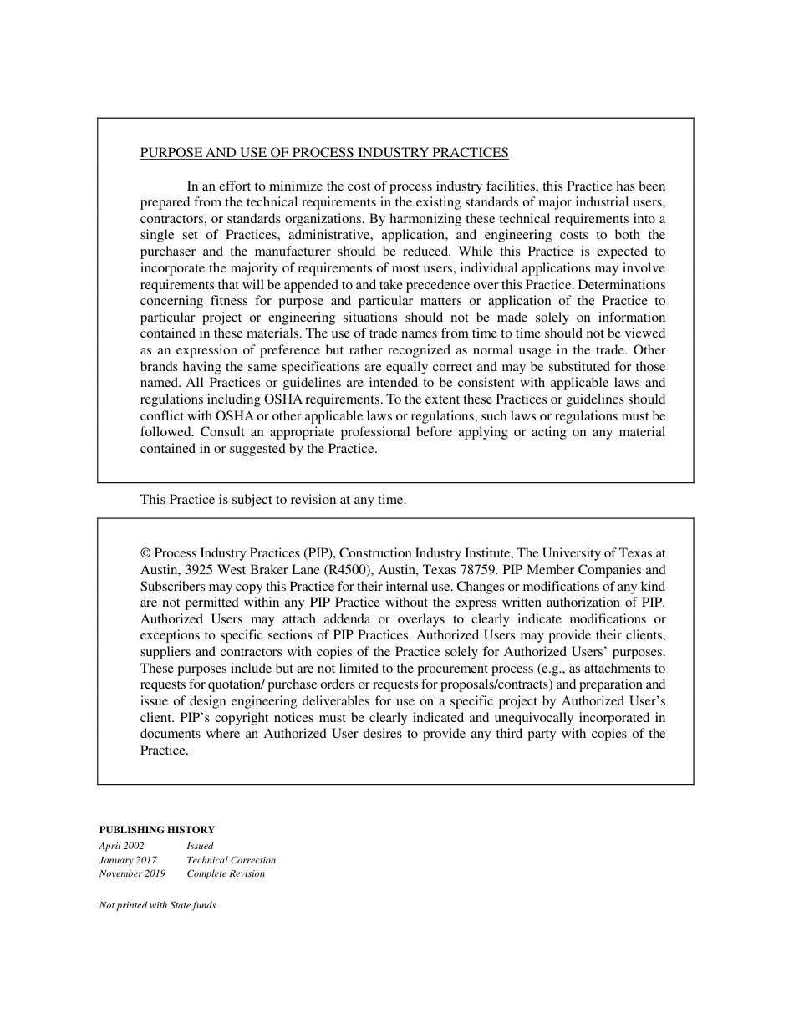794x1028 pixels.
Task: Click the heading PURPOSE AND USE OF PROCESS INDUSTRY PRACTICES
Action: click(324, 153)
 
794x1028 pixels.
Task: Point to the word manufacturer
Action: click(293, 252)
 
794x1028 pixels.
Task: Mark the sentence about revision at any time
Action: click(273, 500)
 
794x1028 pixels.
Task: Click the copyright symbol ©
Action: click(145, 553)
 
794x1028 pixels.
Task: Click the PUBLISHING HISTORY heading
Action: click(157, 830)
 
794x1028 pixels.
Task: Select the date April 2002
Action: click(121, 846)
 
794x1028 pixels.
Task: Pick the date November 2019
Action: click(132, 874)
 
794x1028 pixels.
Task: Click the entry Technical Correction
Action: click(231, 860)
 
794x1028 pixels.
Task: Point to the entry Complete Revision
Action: click(226, 874)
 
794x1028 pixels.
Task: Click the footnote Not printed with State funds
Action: click(157, 905)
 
